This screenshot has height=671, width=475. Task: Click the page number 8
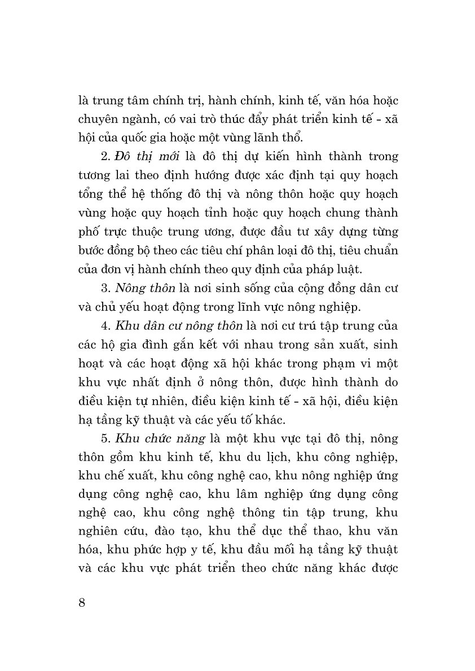pyautogui.click(x=82, y=603)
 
